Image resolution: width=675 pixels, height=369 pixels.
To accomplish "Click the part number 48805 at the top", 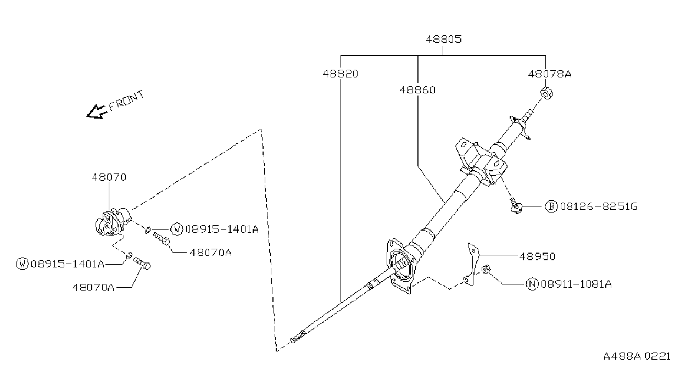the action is click(444, 39).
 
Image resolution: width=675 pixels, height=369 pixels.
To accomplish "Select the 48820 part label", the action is click(341, 74).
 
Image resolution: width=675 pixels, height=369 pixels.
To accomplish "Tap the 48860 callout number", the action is click(417, 90).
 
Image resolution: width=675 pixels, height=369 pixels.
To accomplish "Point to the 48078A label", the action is click(550, 74).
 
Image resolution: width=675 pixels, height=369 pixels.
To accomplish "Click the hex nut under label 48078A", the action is click(546, 93).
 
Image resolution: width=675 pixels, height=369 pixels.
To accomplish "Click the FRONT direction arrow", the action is click(97, 112).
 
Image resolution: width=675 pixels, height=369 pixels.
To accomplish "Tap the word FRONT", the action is click(126, 100).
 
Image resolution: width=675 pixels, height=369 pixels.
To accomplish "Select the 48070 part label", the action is click(109, 177).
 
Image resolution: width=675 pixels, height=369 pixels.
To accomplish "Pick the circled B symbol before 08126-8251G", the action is click(551, 206).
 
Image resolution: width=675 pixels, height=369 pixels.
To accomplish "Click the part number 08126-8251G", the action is click(599, 206).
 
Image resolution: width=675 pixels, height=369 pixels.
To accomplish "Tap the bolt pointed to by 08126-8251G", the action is click(515, 206).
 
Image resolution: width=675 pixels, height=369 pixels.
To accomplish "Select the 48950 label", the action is click(537, 256).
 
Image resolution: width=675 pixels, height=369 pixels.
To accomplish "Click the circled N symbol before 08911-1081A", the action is click(532, 284).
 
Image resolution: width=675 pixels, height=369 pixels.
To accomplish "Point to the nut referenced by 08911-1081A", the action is click(486, 269).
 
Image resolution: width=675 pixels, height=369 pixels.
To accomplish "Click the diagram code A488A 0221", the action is click(637, 356).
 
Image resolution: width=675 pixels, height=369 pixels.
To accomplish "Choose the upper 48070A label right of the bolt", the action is click(210, 253).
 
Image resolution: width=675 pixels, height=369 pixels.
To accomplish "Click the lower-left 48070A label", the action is click(93, 288).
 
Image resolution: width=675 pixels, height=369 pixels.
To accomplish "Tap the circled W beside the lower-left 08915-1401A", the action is click(23, 264).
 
